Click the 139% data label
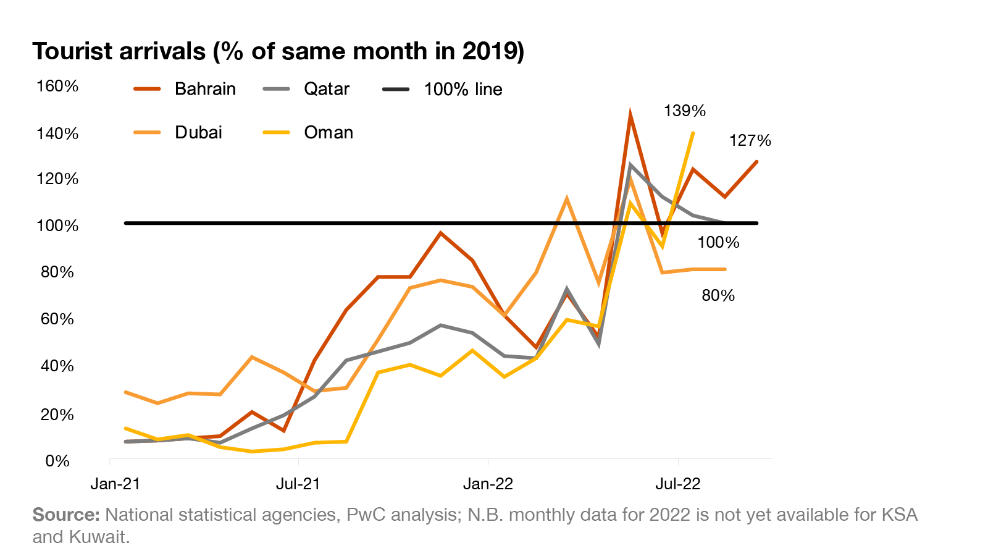(x=684, y=111)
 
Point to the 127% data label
(x=750, y=141)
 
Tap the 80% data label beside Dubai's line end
(x=718, y=295)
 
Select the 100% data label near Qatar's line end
(x=718, y=242)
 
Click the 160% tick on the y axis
(x=57, y=86)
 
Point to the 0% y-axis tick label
(x=57, y=461)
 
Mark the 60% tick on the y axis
(x=57, y=319)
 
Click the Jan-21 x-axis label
(x=115, y=483)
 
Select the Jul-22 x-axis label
(x=678, y=483)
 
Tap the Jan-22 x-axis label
(x=488, y=483)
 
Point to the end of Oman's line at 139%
(x=693, y=133)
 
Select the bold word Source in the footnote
(x=65, y=515)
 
